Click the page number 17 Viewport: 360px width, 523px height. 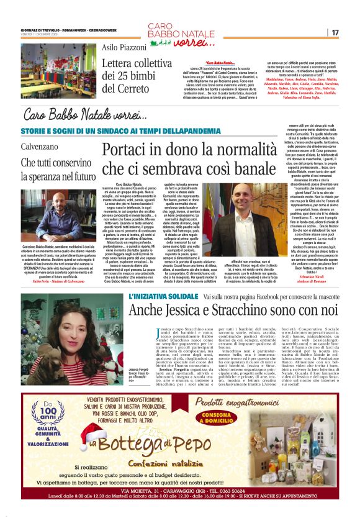[335, 32]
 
